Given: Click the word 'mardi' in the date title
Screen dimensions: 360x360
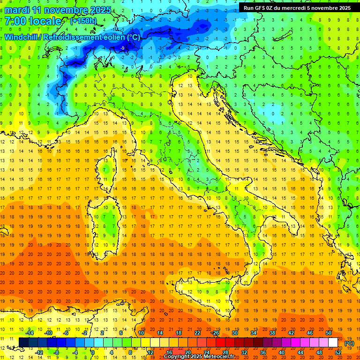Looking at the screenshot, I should (17, 10).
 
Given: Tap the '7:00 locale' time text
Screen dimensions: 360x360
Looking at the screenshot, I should (33, 21).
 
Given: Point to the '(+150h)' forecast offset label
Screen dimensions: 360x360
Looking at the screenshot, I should (83, 21).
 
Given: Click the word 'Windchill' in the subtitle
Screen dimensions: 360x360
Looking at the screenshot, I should (22, 37).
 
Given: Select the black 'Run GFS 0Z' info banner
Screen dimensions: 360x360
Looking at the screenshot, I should (297, 7).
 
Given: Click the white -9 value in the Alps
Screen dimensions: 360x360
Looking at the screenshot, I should (122, 48).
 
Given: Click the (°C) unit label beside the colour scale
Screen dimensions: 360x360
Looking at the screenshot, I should (349, 343).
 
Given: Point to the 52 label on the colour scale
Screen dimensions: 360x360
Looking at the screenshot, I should (338, 352).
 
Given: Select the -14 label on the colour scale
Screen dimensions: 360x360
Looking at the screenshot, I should (30, 332).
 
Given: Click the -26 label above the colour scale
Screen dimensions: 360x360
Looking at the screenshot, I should (215, 332).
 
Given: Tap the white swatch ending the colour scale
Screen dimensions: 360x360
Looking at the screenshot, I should (333, 342).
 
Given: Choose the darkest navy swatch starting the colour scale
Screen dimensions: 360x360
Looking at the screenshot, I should (23, 342).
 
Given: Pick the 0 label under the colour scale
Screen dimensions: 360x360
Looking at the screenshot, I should (93, 352).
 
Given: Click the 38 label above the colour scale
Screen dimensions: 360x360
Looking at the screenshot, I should (272, 332).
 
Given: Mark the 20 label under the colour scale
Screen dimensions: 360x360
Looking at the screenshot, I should (187, 352).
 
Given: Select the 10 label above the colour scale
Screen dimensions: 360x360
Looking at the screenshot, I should (141, 332).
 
